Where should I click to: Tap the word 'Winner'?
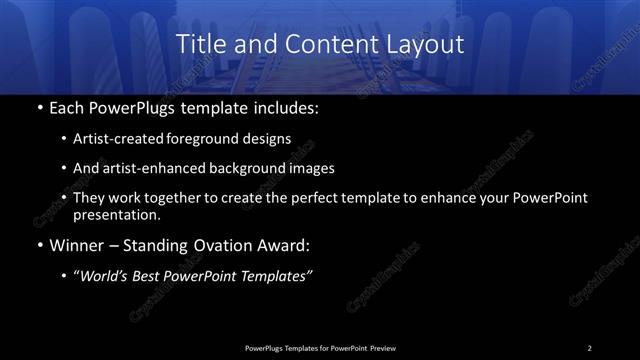click(x=76, y=244)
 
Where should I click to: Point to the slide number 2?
click(x=590, y=347)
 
